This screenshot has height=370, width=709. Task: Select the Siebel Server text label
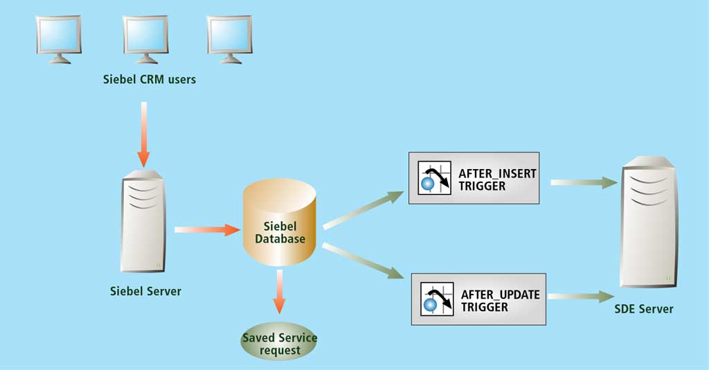point(145,291)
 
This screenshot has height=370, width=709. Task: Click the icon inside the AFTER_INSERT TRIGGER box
point(434,179)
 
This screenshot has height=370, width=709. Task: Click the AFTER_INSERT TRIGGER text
point(497,179)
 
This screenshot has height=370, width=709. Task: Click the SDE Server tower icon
point(647,222)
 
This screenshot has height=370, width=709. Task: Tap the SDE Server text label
point(644,308)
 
